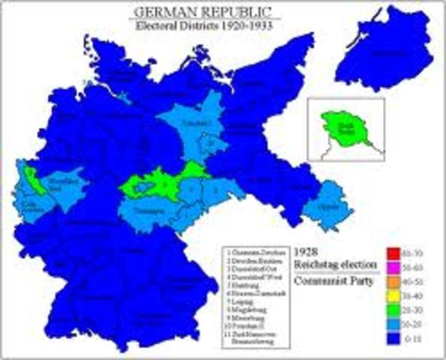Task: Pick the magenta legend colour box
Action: point(393,267)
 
